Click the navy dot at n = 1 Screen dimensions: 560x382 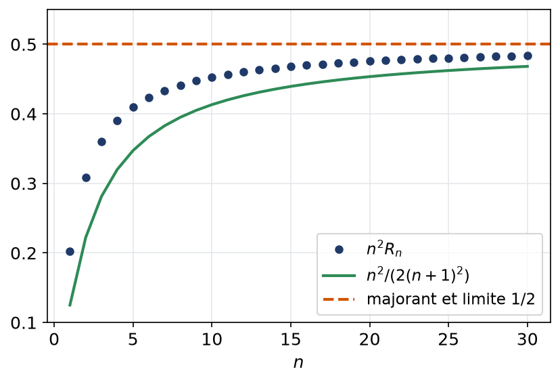70,251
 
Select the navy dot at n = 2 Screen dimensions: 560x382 86,177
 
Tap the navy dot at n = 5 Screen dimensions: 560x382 133,107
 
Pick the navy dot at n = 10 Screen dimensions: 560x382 212,77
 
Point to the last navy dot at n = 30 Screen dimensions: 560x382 528,56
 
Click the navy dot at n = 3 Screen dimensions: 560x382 101,142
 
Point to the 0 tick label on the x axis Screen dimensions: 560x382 54,339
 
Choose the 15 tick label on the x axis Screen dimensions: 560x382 291,339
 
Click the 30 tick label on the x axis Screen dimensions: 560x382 528,339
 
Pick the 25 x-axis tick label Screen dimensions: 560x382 448,339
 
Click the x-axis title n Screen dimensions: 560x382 298,362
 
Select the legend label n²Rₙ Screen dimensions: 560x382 384,249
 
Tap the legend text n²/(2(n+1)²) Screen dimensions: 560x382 418,276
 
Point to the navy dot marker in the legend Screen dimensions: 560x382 339,250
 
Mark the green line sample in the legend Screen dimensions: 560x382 339,275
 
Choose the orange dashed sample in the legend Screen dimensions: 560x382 339,299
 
